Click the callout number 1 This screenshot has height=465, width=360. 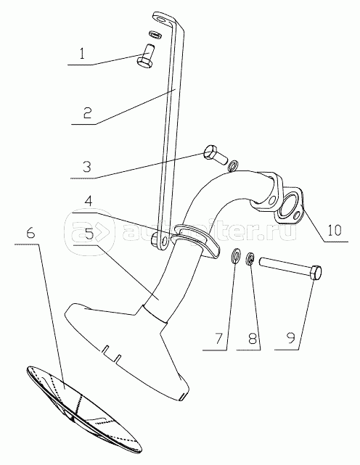click(x=82, y=54)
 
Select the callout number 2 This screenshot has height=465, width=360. click(x=87, y=113)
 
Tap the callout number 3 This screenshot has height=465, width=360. click(x=86, y=167)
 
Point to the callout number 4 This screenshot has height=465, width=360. click(x=88, y=202)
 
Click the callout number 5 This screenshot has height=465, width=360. click(x=89, y=233)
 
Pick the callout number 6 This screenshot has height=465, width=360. click(x=30, y=233)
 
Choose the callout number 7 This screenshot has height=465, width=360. click(x=218, y=338)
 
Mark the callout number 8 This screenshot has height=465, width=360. click(x=253, y=338)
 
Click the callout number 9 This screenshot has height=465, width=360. click(x=290, y=338)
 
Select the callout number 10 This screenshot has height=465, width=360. click(x=335, y=231)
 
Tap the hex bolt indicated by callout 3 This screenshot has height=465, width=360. click(x=215, y=155)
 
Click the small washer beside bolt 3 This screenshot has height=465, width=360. click(x=234, y=166)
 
